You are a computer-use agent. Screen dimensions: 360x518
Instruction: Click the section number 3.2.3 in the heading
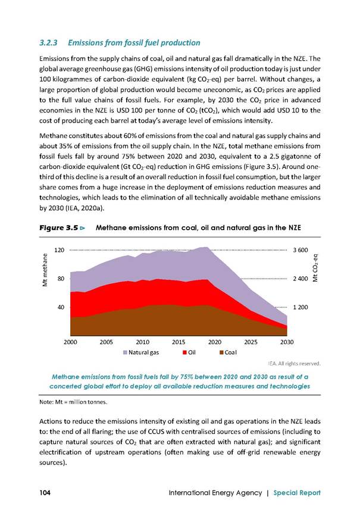tap(48, 43)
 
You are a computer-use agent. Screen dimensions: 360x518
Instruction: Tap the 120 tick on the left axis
tap(59, 250)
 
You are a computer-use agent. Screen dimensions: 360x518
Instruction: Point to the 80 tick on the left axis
tap(61, 279)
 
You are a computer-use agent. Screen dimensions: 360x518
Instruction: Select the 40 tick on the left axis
tap(61, 307)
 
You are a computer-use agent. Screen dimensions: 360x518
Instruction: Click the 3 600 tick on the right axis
tap(300, 250)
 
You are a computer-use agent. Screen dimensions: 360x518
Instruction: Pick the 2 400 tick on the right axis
tap(300, 279)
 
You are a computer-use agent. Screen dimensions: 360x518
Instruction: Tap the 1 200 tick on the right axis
tap(300, 307)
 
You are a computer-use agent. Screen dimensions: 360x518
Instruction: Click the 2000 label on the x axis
tap(70, 342)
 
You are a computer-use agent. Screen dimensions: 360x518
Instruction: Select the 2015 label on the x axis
tap(179, 342)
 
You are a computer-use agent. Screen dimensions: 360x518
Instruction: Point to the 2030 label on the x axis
tap(287, 342)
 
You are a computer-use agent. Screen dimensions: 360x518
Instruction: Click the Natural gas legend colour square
tap(125, 352)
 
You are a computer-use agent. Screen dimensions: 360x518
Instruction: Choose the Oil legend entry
tap(189, 352)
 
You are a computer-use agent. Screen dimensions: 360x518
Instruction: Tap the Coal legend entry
tap(228, 352)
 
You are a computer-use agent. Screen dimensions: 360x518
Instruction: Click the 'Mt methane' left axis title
tap(46, 269)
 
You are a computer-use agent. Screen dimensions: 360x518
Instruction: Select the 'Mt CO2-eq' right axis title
tap(315, 267)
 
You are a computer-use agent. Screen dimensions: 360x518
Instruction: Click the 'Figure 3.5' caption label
tap(59, 227)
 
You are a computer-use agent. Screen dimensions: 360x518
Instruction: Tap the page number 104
tap(45, 492)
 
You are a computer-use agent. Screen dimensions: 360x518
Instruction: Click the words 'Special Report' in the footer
tap(297, 493)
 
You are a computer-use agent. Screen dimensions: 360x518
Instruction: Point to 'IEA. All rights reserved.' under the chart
tap(295, 364)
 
